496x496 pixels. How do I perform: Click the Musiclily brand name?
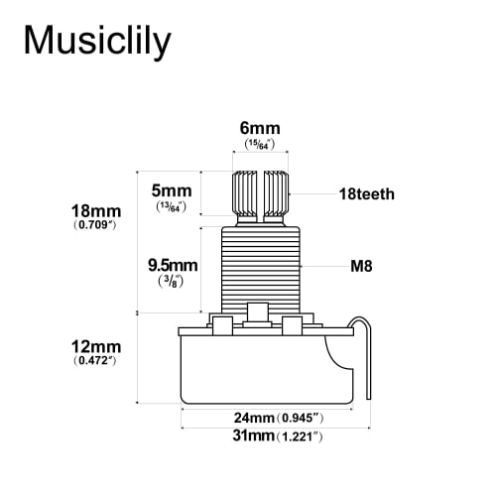(x=97, y=41)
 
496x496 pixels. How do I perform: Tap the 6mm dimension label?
(x=260, y=127)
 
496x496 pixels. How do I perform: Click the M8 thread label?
(x=361, y=267)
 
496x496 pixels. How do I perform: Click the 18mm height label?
(x=96, y=212)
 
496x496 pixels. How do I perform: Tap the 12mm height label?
(x=96, y=346)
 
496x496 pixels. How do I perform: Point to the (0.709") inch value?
(x=96, y=227)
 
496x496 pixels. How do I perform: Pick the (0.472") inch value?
(x=96, y=361)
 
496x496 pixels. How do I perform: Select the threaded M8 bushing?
(x=261, y=265)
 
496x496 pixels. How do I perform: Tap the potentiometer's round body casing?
(x=265, y=372)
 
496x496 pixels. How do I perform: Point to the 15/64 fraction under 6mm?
(x=260, y=146)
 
